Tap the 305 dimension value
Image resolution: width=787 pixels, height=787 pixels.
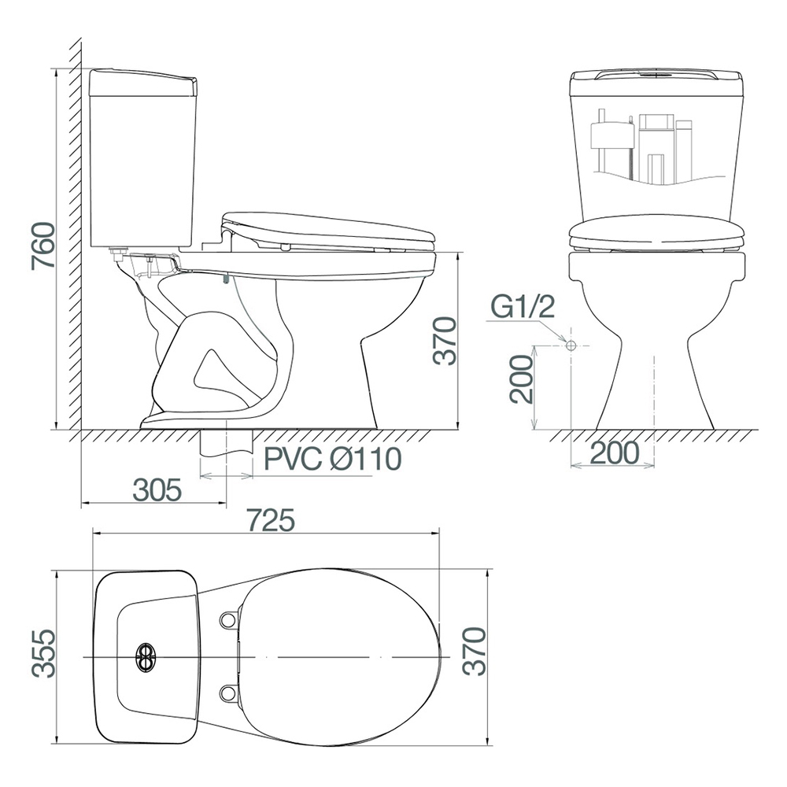pos(157,490)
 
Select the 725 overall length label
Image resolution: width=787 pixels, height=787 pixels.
pos(271,520)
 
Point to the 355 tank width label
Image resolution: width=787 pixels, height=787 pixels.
pos(43,653)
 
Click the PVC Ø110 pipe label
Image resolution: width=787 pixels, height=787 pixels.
pos(333,458)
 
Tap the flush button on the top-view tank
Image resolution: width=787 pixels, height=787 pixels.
pos(146,657)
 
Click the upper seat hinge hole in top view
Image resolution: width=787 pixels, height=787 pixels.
pos(228,620)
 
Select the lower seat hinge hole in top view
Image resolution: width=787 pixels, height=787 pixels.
pos(228,694)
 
